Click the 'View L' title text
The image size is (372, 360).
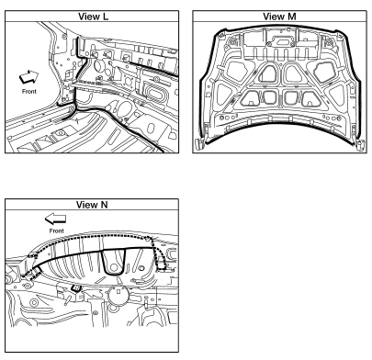click(93, 17)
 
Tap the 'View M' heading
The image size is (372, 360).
click(279, 17)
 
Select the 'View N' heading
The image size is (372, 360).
click(92, 204)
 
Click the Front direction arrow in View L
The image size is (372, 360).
click(29, 77)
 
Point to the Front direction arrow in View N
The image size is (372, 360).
click(55, 219)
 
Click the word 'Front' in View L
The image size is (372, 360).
click(29, 91)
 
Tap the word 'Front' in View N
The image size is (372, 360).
click(57, 231)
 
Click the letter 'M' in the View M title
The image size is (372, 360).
click(291, 17)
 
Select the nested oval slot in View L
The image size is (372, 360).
click(156, 93)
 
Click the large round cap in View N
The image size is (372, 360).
click(118, 296)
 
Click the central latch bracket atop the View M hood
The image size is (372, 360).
click(281, 41)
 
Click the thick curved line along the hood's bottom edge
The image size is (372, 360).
click(279, 124)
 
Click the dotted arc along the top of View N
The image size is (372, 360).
click(92, 235)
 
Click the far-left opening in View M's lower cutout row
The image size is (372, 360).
click(251, 98)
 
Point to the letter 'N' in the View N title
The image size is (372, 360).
click(104, 204)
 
